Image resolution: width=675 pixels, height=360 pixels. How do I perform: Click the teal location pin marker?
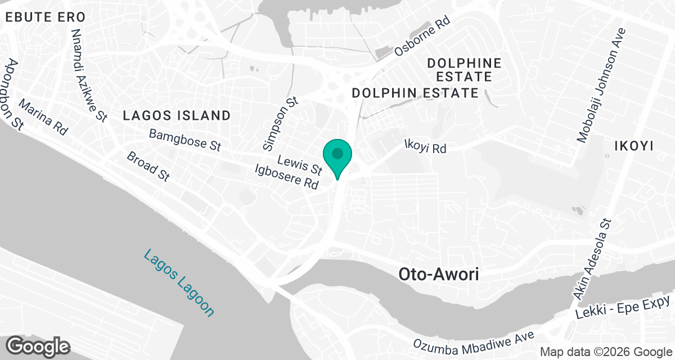point(337,155)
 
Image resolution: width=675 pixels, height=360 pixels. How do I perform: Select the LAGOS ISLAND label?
point(177,116)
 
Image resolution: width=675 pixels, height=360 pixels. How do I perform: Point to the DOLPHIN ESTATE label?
point(415,93)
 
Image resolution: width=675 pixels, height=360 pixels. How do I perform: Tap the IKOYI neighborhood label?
point(634,146)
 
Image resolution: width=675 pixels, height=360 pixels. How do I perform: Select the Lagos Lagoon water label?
point(179,283)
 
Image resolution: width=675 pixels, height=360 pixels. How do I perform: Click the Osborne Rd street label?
point(422,36)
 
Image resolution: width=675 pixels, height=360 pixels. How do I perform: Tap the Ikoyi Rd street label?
point(425,147)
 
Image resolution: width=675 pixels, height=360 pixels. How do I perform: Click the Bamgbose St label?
point(185,140)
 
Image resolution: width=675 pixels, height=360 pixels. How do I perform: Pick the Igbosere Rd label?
point(286,176)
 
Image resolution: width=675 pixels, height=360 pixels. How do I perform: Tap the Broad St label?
point(148,166)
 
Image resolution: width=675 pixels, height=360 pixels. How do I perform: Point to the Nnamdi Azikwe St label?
point(89,75)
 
